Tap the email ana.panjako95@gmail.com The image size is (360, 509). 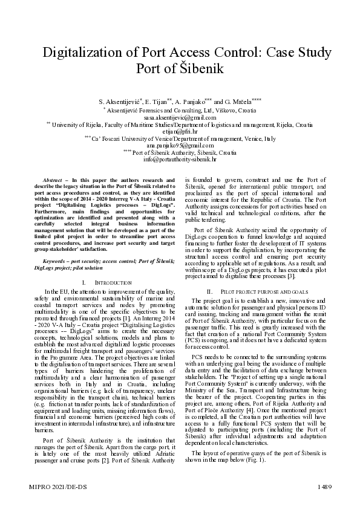(180, 146)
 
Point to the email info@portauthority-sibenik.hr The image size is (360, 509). (180, 160)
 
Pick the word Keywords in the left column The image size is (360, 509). (55, 260)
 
